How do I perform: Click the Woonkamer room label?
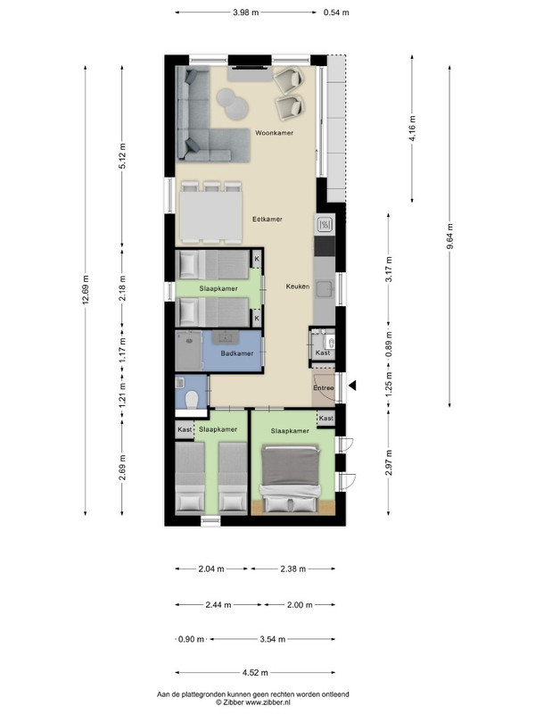pyautogui.click(x=274, y=133)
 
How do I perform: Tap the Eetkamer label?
pyautogui.click(x=267, y=219)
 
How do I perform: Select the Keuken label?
pyautogui.click(x=298, y=286)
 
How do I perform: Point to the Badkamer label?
pyautogui.click(x=236, y=353)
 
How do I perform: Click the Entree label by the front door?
pyautogui.click(x=324, y=388)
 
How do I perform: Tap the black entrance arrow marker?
pyautogui.click(x=352, y=386)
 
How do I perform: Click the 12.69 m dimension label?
pyautogui.click(x=86, y=290)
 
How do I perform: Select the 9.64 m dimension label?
pyautogui.click(x=450, y=237)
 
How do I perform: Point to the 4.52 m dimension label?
pyautogui.click(x=255, y=673)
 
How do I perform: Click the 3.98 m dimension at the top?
pyautogui.click(x=246, y=12)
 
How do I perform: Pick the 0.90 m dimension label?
pyautogui.click(x=191, y=639)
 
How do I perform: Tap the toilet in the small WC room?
pyautogui.click(x=192, y=399)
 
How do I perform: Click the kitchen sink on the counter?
pyautogui.click(x=325, y=288)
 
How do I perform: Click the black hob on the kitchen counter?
pyautogui.click(x=325, y=246)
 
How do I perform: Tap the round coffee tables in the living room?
pyautogui.click(x=233, y=104)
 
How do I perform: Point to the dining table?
pyautogui.click(x=210, y=217)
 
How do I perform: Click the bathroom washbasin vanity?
pyautogui.click(x=226, y=337)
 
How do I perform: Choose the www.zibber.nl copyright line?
pyautogui.click(x=253, y=702)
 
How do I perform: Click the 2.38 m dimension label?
pyautogui.click(x=293, y=569)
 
